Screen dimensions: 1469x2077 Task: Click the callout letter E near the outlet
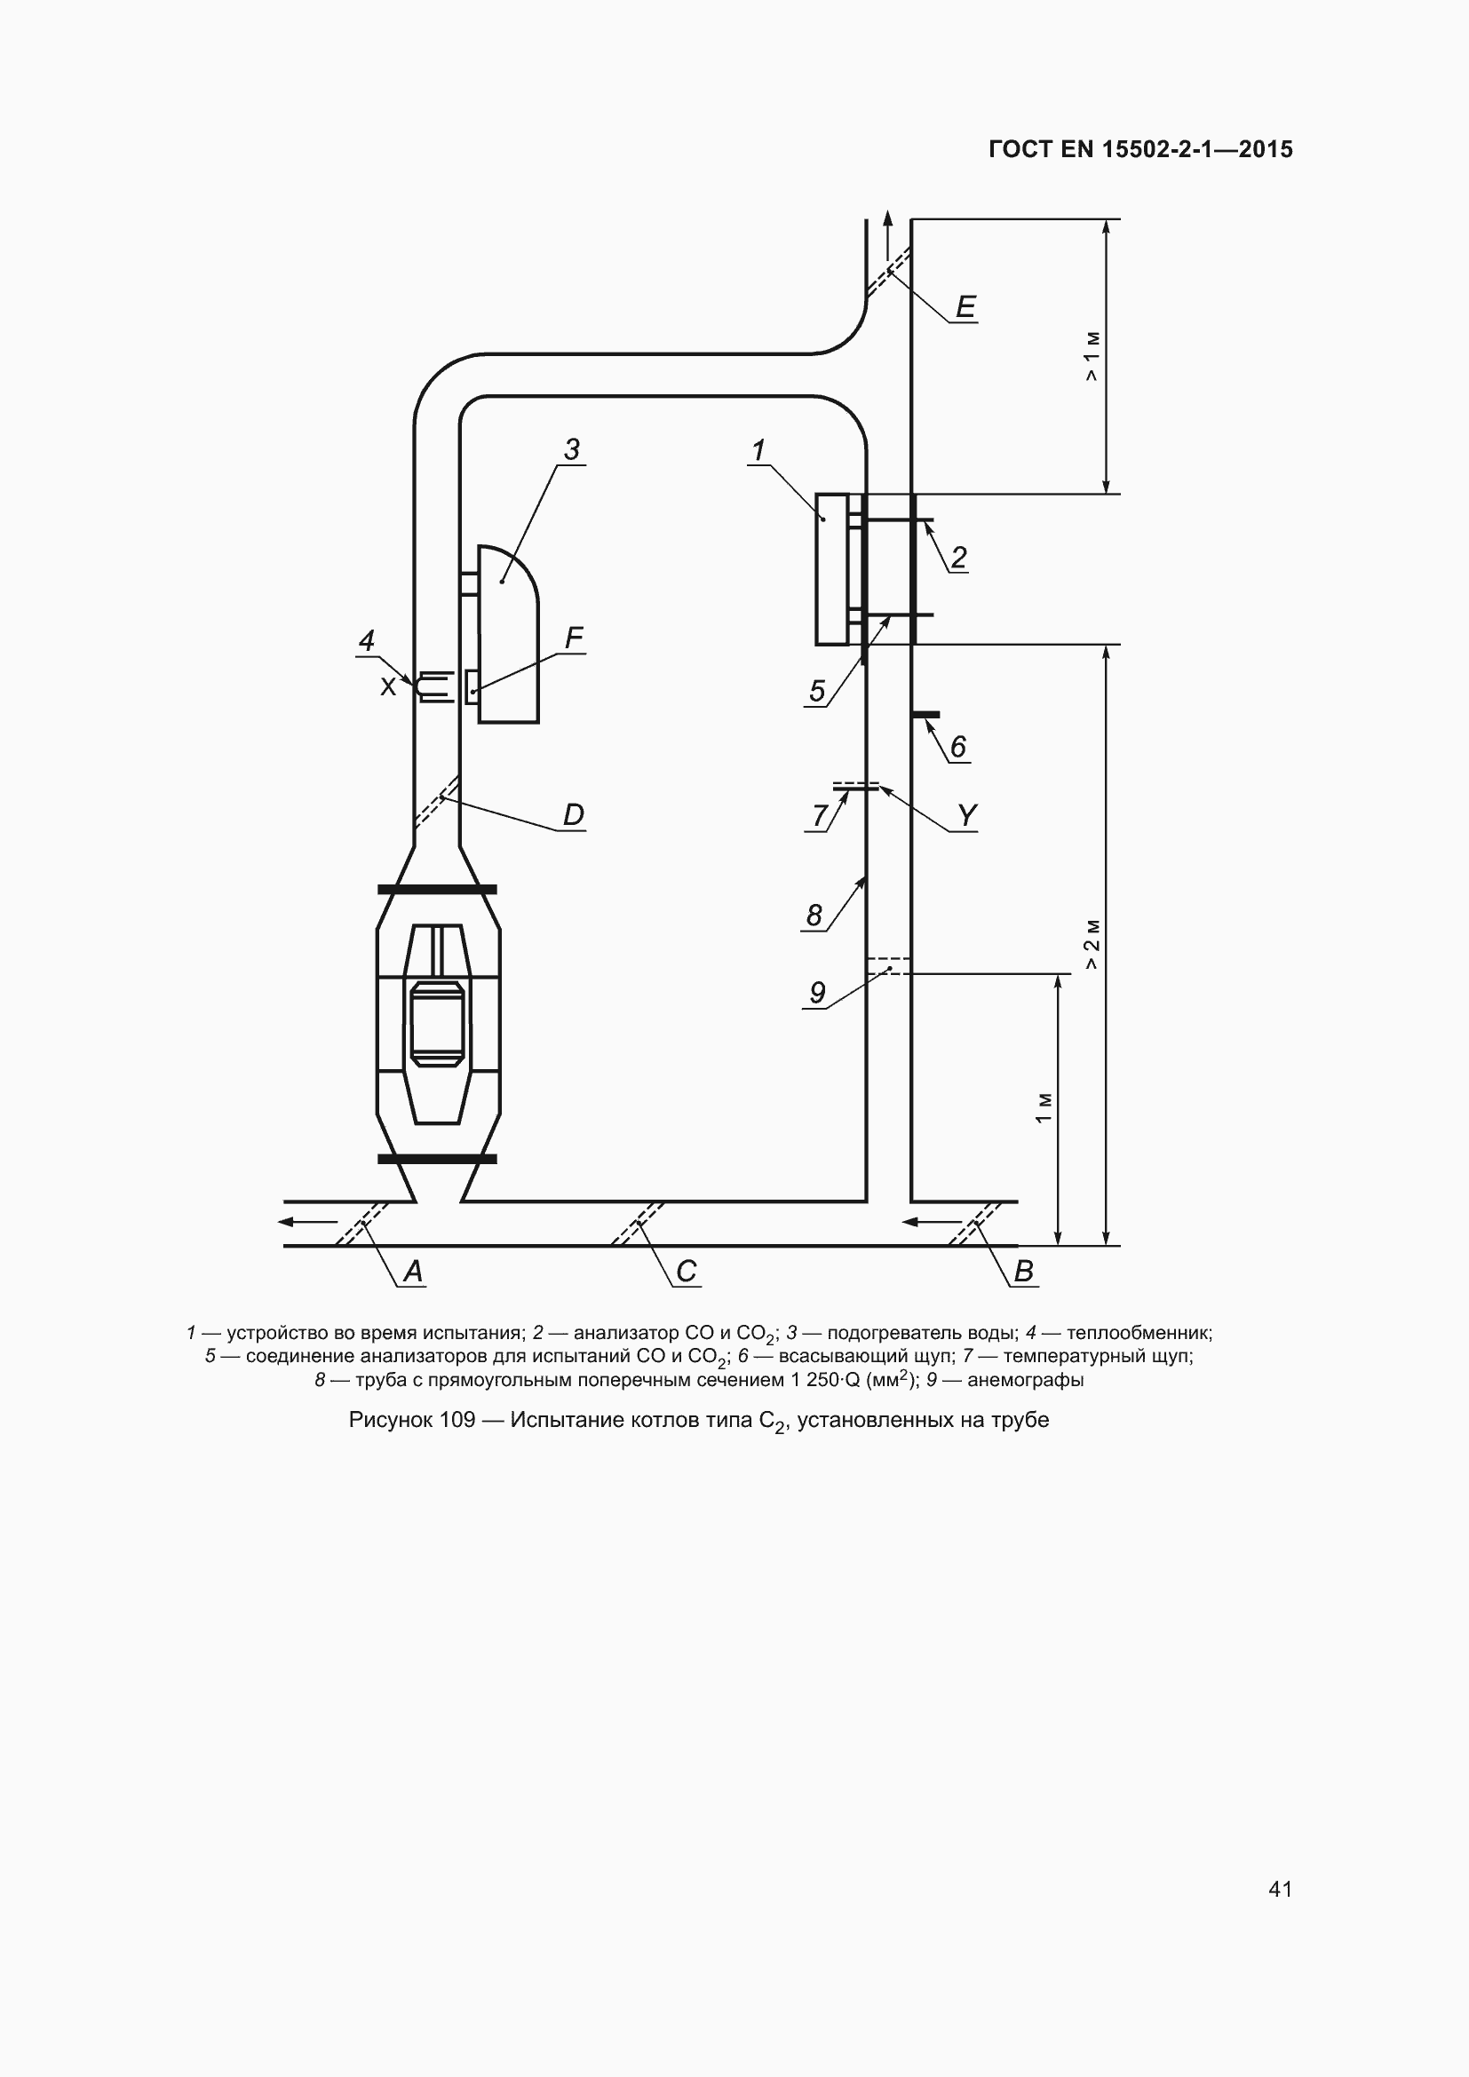pyautogui.click(x=965, y=307)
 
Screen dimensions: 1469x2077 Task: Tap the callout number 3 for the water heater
pyautogui.click(x=572, y=449)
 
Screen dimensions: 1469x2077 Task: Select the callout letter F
pyautogui.click(x=574, y=638)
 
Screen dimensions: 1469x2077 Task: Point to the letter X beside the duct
pyautogui.click(x=388, y=686)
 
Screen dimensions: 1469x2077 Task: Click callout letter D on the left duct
pyautogui.click(x=574, y=815)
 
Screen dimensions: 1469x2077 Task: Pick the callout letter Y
pyautogui.click(x=967, y=816)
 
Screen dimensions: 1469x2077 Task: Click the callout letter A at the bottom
pyautogui.click(x=412, y=1272)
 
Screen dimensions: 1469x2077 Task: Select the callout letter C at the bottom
pyautogui.click(x=687, y=1272)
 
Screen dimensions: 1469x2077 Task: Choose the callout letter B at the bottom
pyautogui.click(x=1023, y=1272)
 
